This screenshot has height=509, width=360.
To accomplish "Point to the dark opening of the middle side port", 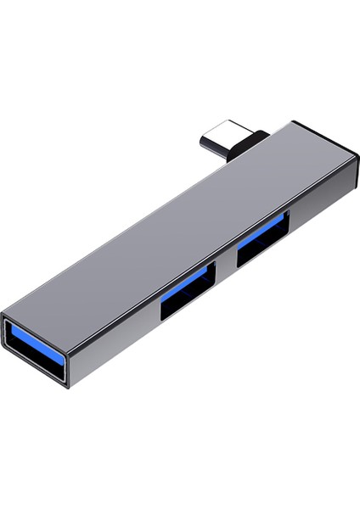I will (188, 301).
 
